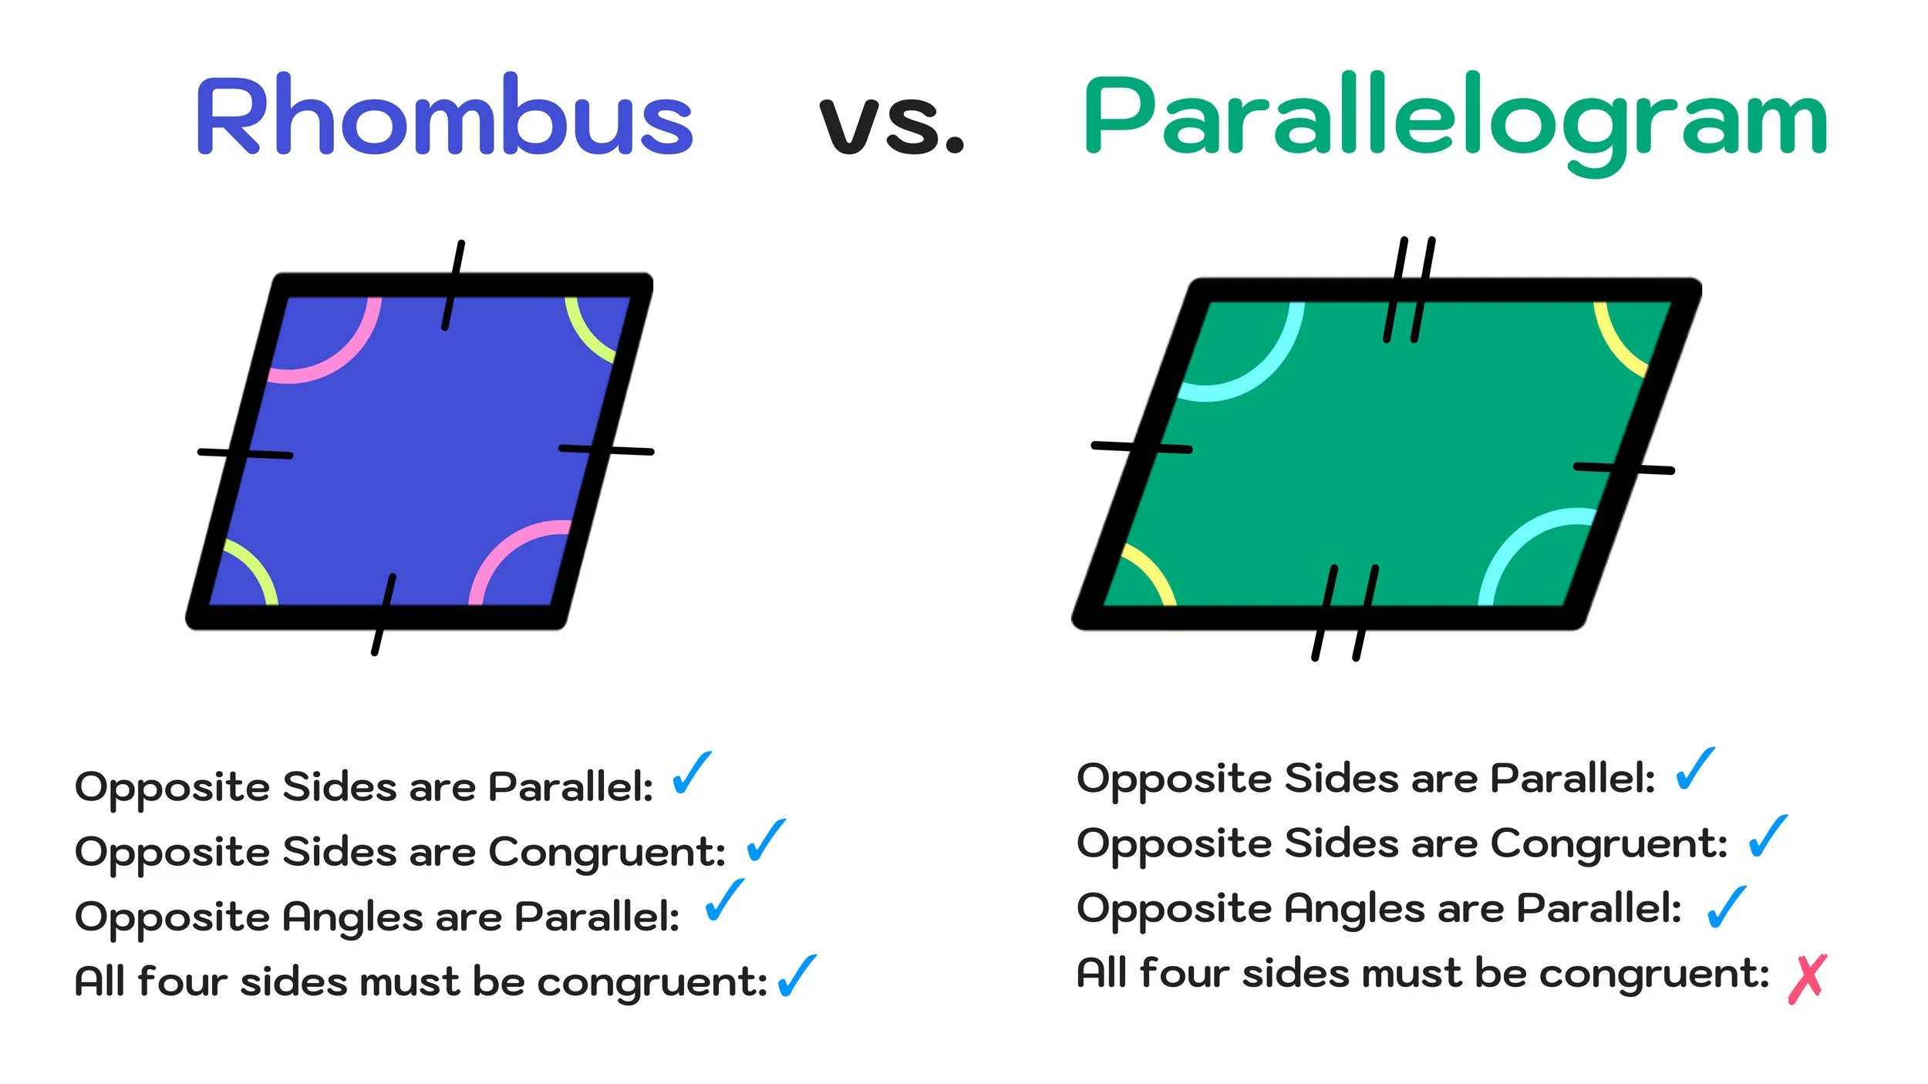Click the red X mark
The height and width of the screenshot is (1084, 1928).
(x=1807, y=979)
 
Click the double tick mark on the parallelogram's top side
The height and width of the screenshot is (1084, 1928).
(x=1409, y=290)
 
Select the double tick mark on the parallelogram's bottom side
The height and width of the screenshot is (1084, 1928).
(x=1345, y=613)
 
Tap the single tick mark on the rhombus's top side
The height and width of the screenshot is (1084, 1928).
(x=453, y=285)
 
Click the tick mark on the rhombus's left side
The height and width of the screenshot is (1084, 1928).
(x=245, y=454)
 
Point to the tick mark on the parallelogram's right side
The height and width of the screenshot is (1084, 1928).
(x=1623, y=468)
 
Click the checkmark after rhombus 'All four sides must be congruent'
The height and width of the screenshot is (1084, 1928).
(x=797, y=976)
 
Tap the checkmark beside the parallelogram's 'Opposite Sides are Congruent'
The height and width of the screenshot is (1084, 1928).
(x=1768, y=837)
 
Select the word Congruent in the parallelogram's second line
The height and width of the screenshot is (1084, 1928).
(x=1608, y=844)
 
